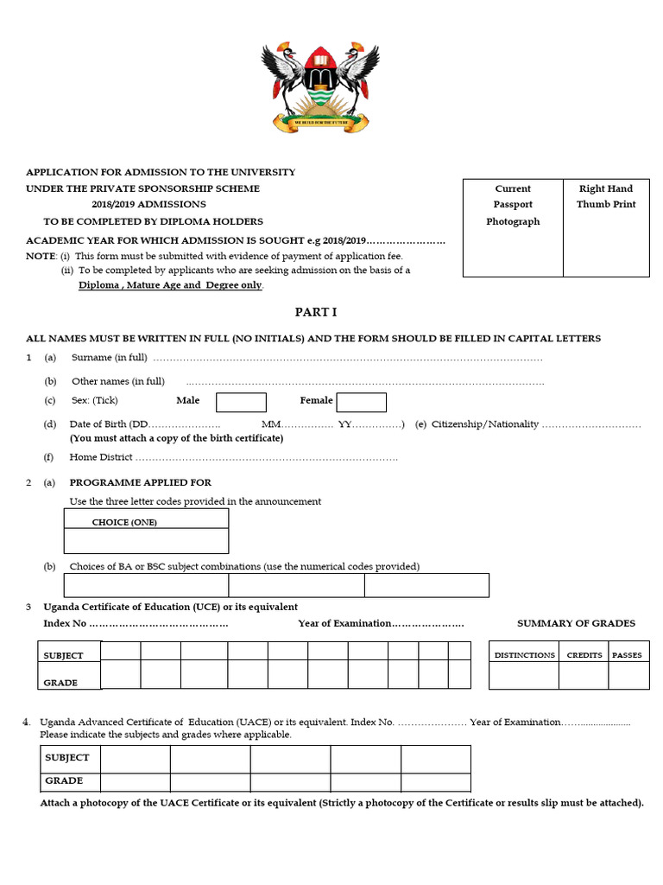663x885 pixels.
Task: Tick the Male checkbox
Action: pyautogui.click(x=241, y=402)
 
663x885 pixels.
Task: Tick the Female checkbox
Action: pyautogui.click(x=361, y=402)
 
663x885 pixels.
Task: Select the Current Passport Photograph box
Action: pyautogui.click(x=513, y=227)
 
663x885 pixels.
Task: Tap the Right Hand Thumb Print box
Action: pyautogui.click(x=606, y=227)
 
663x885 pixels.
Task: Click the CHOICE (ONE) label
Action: pyautogui.click(x=124, y=522)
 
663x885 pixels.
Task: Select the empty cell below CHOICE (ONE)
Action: pyautogui.click(x=146, y=541)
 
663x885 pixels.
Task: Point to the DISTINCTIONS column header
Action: pyautogui.click(x=524, y=655)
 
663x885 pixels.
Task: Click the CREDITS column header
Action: pyautogui.click(x=584, y=655)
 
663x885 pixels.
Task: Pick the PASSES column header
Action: pyautogui.click(x=627, y=655)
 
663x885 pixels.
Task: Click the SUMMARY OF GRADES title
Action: pyautogui.click(x=576, y=623)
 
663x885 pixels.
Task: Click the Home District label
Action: pyautogui.click(x=101, y=457)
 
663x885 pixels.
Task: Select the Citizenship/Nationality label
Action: pyautogui.click(x=485, y=424)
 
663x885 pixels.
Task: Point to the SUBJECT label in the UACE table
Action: pyautogui.click(x=66, y=757)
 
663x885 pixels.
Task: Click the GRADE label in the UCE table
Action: pyautogui.click(x=60, y=683)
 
